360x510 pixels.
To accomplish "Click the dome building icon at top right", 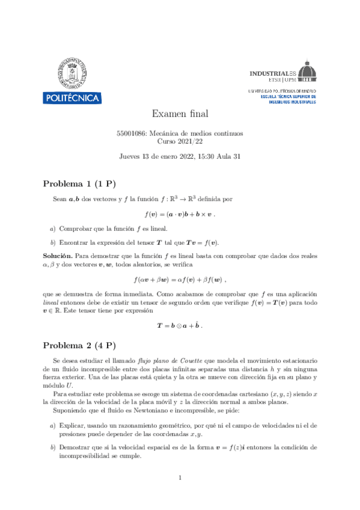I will coord(307,71).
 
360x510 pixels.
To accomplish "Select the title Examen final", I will coord(180,114).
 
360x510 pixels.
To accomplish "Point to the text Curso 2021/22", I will coord(180,141).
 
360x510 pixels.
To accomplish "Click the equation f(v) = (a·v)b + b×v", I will coord(180,214).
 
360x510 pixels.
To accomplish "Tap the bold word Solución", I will coord(57,256).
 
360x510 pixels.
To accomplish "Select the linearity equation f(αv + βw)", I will coord(180,279).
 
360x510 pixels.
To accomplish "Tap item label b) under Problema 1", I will coord(53,242).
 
